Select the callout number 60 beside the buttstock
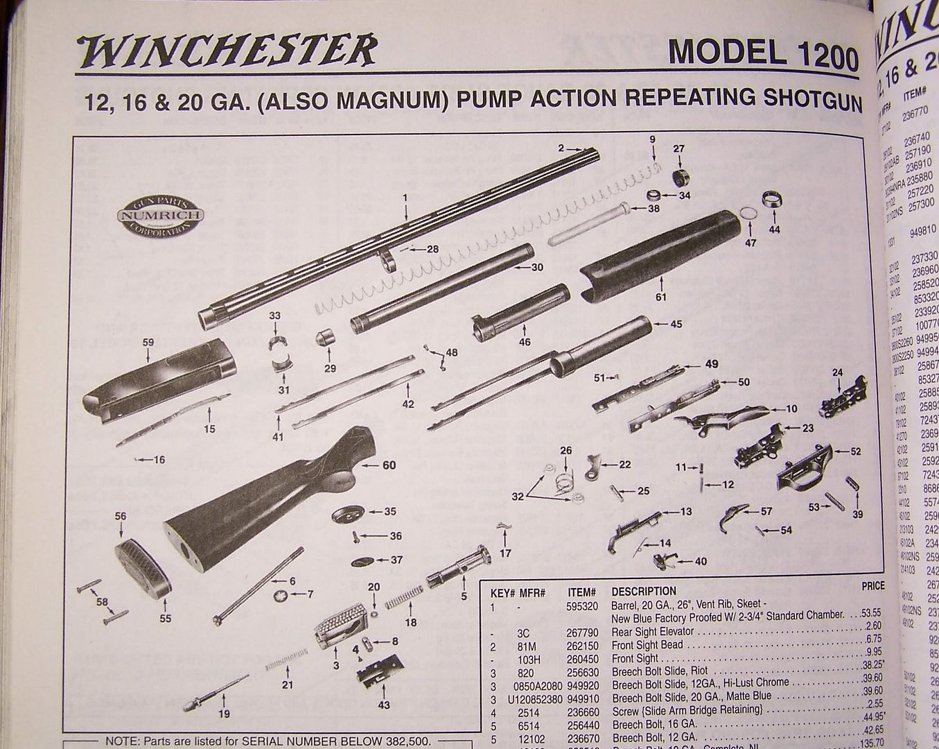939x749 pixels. (389, 465)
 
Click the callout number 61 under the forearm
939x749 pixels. (661, 298)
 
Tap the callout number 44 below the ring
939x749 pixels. (773, 230)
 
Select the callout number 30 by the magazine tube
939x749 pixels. (537, 267)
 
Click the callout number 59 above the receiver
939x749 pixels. (148, 342)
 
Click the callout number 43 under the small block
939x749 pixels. (383, 706)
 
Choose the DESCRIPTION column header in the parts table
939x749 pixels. (643, 592)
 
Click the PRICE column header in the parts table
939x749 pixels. (872, 586)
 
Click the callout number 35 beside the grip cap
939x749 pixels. (390, 512)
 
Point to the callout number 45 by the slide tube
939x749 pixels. (676, 324)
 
